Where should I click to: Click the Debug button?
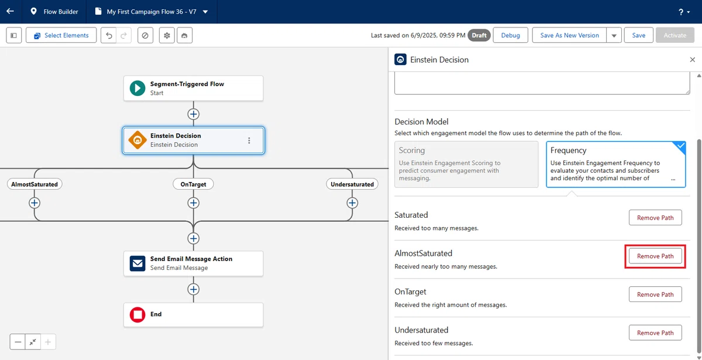click(510, 35)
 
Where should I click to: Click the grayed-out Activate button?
click(675, 35)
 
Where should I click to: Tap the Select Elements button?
click(61, 35)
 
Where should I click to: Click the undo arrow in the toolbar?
click(109, 35)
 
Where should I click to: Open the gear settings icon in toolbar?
click(167, 35)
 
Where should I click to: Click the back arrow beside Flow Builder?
click(10, 11)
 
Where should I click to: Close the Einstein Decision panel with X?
click(692, 60)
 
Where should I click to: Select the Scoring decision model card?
click(466, 164)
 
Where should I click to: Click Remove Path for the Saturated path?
click(655, 218)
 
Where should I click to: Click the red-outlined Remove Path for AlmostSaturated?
click(655, 256)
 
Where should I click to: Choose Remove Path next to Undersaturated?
click(655, 332)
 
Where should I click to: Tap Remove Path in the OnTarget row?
click(655, 294)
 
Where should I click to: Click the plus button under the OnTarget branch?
click(194, 203)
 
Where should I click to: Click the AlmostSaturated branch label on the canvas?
click(35, 184)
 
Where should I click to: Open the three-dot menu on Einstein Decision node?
click(249, 140)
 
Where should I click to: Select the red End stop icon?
click(137, 314)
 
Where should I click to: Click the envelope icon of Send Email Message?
click(137, 263)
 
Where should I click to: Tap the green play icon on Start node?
click(137, 88)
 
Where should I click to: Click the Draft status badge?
click(479, 35)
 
